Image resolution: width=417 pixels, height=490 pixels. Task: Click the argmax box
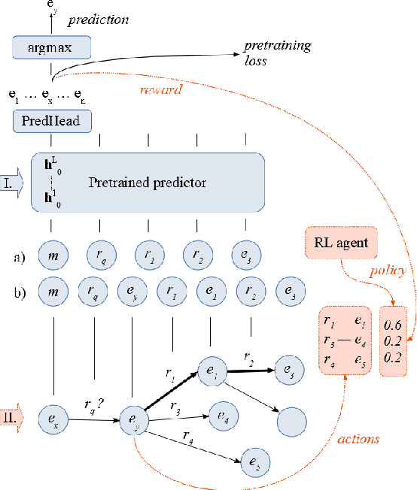(x=51, y=48)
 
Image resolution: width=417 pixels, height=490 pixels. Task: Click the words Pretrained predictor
(x=146, y=183)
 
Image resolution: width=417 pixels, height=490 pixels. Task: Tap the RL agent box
(x=341, y=242)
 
